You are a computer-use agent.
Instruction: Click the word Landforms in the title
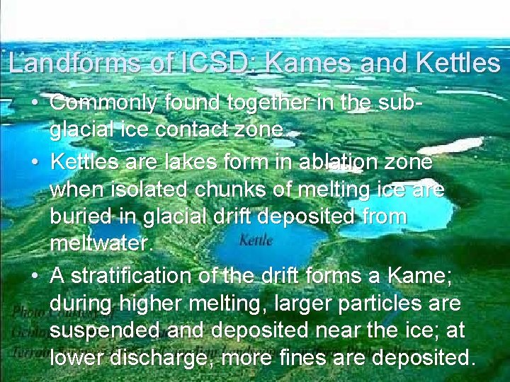(76, 64)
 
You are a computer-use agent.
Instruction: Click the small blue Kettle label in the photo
(256, 241)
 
